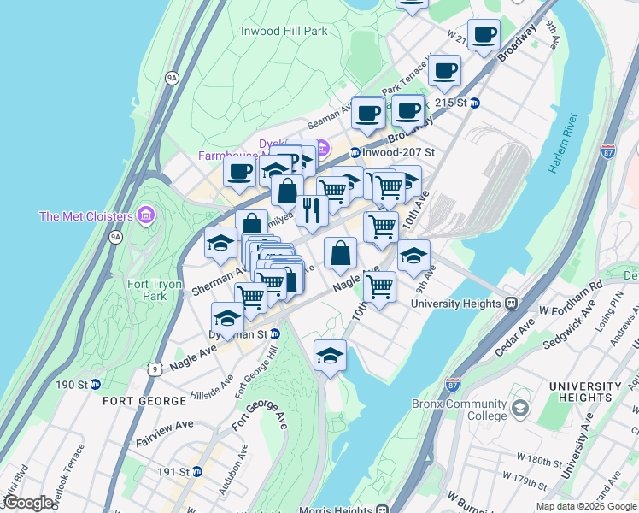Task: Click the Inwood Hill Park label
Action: (x=284, y=31)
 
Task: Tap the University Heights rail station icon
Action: (x=512, y=303)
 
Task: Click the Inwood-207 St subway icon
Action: (x=355, y=152)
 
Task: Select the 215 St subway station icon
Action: (x=475, y=103)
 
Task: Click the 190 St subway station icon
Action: (x=97, y=385)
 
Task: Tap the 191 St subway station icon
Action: (x=197, y=471)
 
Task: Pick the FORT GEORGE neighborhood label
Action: (x=144, y=400)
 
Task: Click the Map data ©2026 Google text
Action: (x=586, y=506)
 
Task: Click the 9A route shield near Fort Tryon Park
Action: (x=115, y=237)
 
